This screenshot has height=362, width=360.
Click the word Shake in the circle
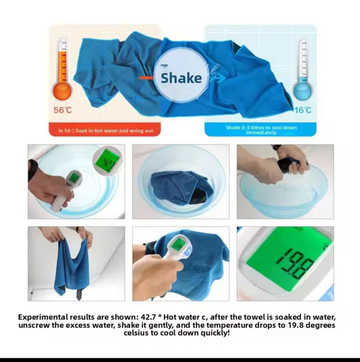click(x=181, y=78)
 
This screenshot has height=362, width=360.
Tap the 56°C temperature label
click(x=62, y=110)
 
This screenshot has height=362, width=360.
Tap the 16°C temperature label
click(x=303, y=110)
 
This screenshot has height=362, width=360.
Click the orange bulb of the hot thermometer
click(x=62, y=90)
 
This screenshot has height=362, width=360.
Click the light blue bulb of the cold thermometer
click(x=302, y=90)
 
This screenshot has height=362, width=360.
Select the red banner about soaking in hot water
click(x=105, y=129)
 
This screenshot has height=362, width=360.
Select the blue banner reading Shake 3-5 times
click(x=260, y=129)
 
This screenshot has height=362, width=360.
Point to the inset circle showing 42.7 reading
click(x=107, y=161)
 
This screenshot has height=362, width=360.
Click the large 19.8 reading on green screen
click(x=296, y=264)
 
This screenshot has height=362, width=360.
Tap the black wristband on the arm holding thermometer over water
click(x=32, y=170)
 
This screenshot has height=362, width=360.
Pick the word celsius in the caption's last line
click(x=136, y=333)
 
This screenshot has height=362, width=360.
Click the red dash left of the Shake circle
click(x=145, y=78)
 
